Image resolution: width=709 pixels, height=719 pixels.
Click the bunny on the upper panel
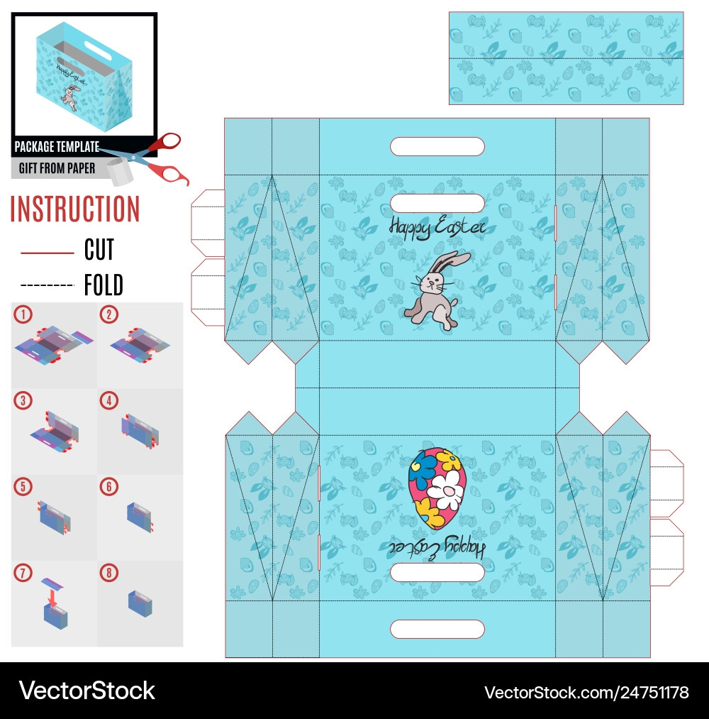(434, 290)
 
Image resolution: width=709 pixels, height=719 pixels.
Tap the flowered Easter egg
(437, 488)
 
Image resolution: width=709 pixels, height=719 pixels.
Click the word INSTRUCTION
(75, 209)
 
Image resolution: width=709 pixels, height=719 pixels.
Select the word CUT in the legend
(99, 250)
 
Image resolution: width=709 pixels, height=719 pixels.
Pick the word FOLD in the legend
(104, 285)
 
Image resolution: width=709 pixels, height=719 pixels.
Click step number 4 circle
(108, 400)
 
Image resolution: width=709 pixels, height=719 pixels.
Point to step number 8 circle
(108, 571)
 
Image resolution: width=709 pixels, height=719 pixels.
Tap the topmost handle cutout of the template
(437, 147)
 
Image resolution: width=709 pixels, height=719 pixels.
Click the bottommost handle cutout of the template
(437, 629)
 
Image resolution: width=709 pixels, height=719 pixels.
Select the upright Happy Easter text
(437, 226)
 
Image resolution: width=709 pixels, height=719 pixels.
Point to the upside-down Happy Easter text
(437, 547)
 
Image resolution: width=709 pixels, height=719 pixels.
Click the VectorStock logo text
(87, 690)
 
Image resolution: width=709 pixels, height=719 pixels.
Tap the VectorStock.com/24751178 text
(586, 691)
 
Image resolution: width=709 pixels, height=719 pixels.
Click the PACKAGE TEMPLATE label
(57, 147)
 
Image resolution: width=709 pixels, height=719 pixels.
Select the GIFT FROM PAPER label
(55, 169)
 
